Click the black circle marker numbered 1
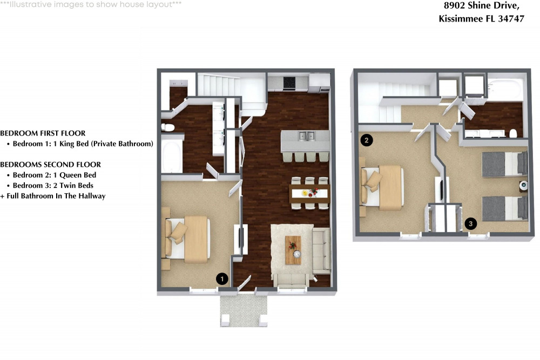click(x=222, y=279)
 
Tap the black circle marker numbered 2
click(x=367, y=140)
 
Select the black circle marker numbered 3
click(x=471, y=223)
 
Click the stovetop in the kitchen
click(x=289, y=83)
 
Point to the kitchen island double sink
click(x=307, y=136)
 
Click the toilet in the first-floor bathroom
click(x=168, y=128)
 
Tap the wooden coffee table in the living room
click(x=293, y=250)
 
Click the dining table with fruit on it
click(x=309, y=193)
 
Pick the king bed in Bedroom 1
click(x=188, y=239)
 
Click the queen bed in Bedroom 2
click(x=382, y=188)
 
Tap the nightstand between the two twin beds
click(x=523, y=186)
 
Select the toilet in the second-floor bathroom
click(x=514, y=133)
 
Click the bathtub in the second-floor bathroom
click(x=505, y=90)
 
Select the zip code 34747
click(x=511, y=18)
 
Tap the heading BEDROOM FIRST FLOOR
click(x=43, y=133)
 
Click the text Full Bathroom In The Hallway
click(x=56, y=196)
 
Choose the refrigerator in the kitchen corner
click(x=319, y=83)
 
